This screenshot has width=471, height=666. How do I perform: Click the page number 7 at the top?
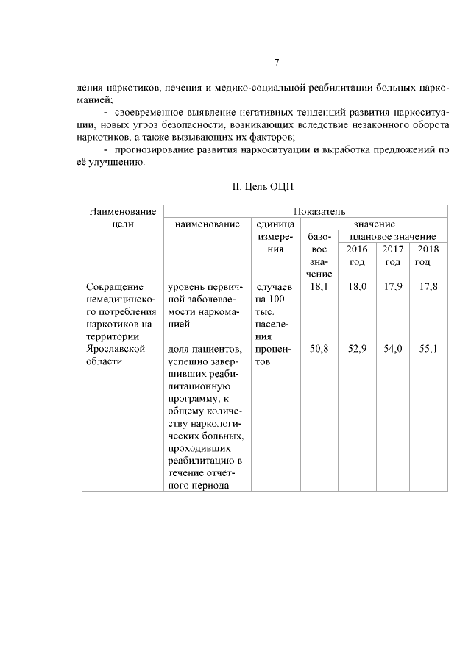click(275, 62)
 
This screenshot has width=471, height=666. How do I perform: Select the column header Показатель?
click(305, 212)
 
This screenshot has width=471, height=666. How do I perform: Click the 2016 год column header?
click(357, 255)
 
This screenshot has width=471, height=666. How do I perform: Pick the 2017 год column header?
click(393, 255)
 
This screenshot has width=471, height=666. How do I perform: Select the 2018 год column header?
click(428, 255)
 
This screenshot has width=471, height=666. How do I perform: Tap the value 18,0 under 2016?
click(357, 286)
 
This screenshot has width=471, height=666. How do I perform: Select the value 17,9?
click(393, 286)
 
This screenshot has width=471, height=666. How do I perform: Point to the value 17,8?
click(428, 286)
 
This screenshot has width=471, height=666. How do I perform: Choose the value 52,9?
click(357, 349)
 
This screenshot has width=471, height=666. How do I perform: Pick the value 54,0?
click(393, 349)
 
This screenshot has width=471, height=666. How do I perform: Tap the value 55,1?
click(428, 349)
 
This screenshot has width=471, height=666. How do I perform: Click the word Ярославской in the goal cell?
click(113, 349)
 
